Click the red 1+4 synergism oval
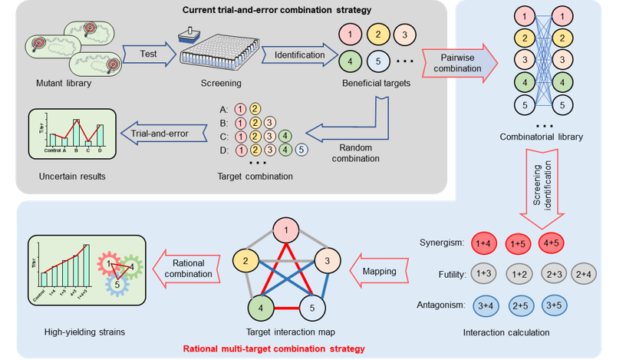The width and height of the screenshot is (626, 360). coord(485,243)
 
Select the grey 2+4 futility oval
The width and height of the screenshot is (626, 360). coord(586,274)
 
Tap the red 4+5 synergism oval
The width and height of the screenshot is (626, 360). coord(553,243)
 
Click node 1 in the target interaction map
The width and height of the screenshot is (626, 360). coord(285,230)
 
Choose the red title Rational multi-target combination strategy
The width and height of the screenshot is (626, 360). coord(272,348)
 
